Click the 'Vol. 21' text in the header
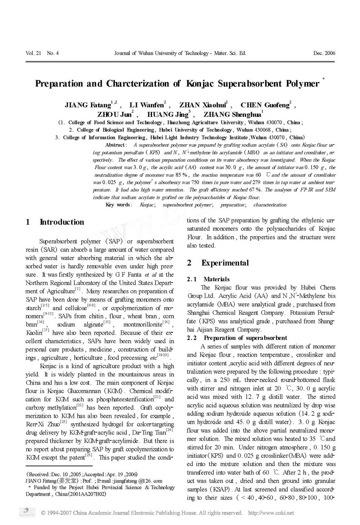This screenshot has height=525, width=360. (x=33, y=53)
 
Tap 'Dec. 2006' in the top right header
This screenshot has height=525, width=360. (x=324, y=53)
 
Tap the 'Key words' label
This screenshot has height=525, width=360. (x=118, y=205)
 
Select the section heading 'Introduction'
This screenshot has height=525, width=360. (x=62, y=222)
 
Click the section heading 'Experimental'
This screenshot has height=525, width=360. (x=225, y=263)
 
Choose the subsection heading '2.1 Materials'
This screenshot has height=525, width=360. (x=208, y=279)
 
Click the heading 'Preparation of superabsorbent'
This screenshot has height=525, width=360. (x=245, y=338)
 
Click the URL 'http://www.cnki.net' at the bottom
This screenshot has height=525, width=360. (x=271, y=513)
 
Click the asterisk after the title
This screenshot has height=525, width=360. (x=324, y=79)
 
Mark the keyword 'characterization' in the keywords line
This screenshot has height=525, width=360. (x=270, y=205)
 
